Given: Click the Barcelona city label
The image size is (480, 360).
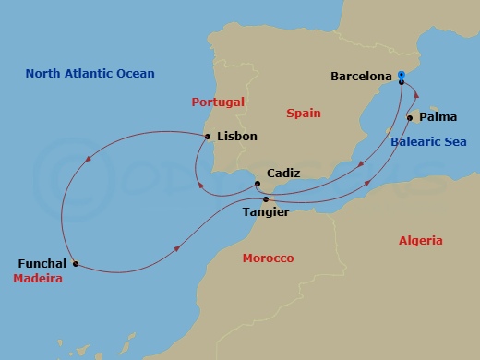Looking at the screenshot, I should tap(361, 77).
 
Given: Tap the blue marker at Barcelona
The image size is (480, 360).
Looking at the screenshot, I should tap(402, 78).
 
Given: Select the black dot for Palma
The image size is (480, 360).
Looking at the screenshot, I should tap(409, 117).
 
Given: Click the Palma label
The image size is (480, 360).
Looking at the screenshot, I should tap(438, 117).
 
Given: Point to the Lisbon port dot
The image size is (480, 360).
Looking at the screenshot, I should tap(208, 137).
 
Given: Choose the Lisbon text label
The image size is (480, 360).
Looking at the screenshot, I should tap(236, 137).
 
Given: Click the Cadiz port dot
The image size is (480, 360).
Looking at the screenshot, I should tap(257, 184).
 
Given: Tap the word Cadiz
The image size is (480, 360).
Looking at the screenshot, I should tap(282, 173).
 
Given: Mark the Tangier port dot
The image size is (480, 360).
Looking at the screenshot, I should tap(266, 199).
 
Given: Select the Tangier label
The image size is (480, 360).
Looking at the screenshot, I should tap(265, 212).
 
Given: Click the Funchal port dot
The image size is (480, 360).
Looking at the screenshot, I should tap(76, 263).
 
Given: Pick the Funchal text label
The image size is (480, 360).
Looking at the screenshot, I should tap(42, 263).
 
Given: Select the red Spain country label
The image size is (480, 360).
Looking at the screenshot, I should tap(304, 114).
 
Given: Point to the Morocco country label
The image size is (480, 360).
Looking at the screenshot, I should tap(268, 258).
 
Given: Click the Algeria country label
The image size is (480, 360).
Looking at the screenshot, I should tap(421, 241).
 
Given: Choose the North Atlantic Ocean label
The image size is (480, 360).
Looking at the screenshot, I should tap(90, 74).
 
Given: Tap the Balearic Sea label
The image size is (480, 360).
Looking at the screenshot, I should tap(428, 141).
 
